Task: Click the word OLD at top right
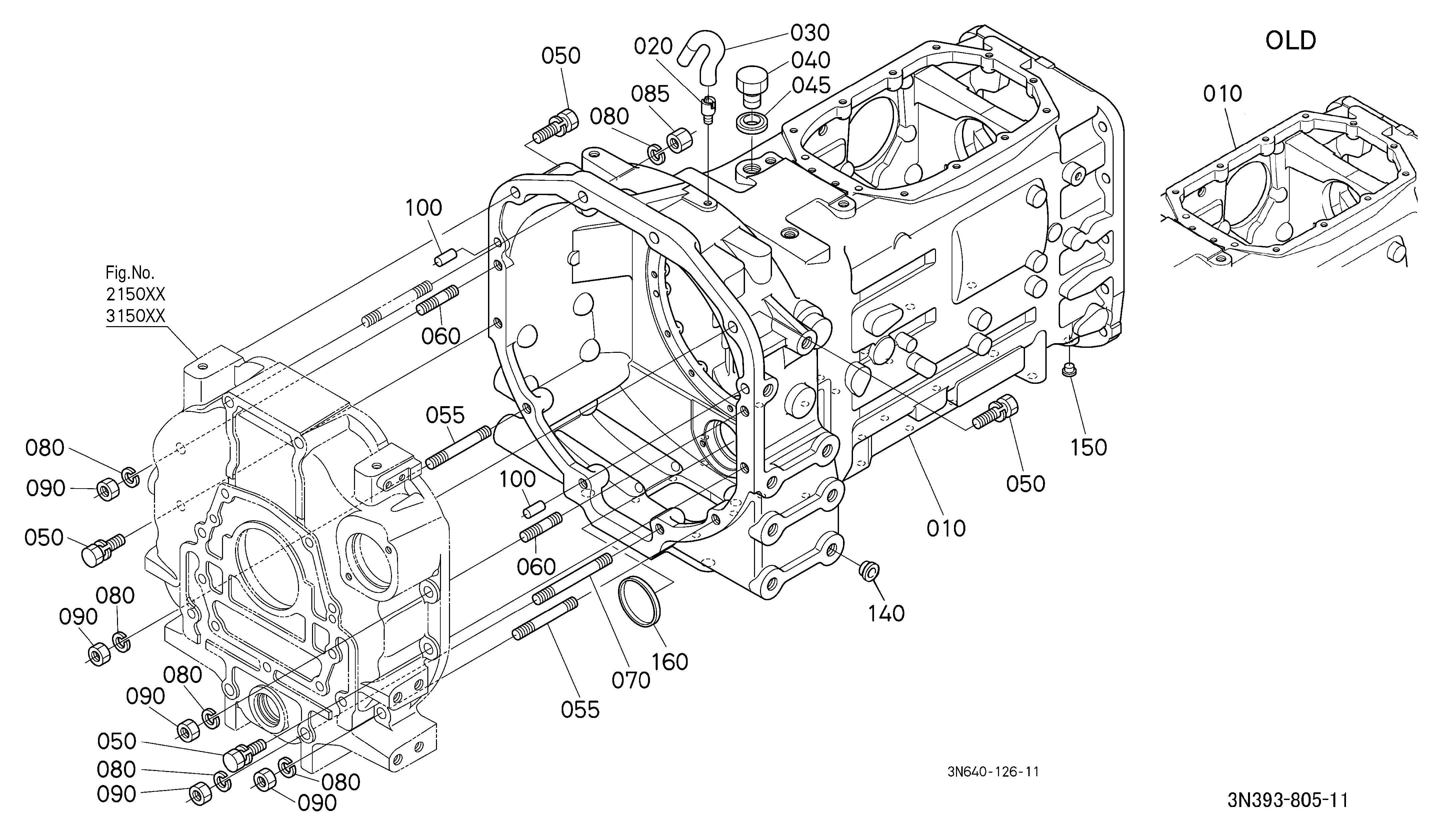(1290, 41)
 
